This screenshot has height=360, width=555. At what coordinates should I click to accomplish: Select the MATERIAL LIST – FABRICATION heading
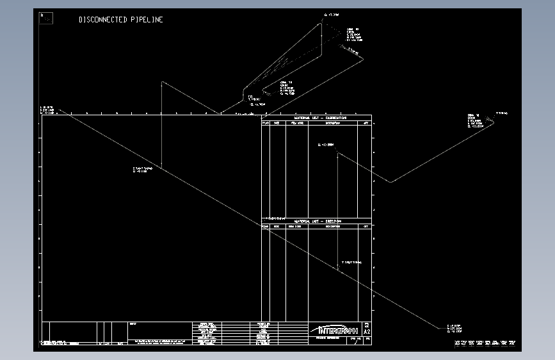pyautogui.click(x=319, y=118)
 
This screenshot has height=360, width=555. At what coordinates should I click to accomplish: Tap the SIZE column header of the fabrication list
pyautogui.click(x=277, y=123)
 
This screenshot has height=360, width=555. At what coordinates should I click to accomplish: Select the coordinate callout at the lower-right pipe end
pyautogui.click(x=454, y=329)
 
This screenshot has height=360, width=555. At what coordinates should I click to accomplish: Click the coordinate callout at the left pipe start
pyautogui.click(x=47, y=110)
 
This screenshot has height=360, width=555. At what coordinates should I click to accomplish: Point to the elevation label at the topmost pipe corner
pyautogui.click(x=332, y=14)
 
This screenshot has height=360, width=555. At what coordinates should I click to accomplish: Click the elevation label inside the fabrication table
pyautogui.click(x=326, y=145)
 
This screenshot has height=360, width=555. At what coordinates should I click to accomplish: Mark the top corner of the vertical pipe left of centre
pyautogui.click(x=162, y=83)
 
